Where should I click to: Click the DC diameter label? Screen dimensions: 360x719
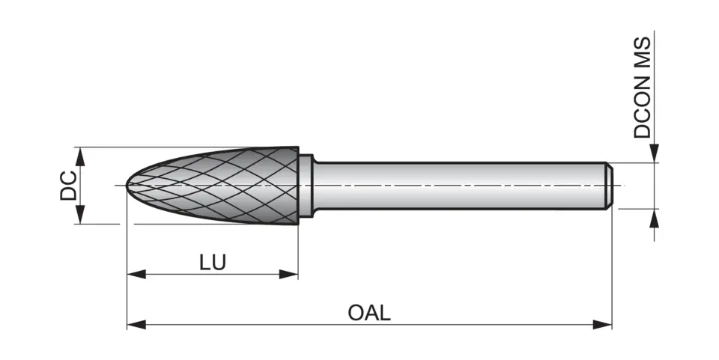[68, 186]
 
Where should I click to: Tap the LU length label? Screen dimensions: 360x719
[213, 262]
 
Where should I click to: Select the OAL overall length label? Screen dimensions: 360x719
[369, 312]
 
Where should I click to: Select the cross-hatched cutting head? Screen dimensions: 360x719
[225, 185]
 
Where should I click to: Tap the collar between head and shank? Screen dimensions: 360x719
[306, 185]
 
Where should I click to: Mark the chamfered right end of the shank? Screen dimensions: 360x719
[610, 185]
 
